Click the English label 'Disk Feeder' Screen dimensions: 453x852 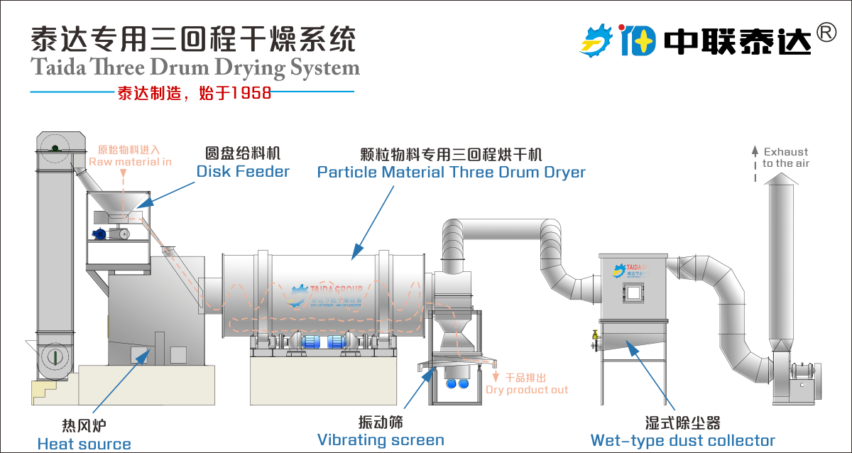[243, 171]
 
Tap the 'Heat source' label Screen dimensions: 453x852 [84, 444]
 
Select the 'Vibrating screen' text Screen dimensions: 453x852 [381, 440]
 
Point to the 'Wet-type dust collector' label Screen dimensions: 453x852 [682, 441]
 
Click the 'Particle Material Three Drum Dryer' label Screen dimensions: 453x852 [451, 172]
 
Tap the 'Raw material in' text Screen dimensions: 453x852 [130, 162]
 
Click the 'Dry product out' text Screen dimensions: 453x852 [527, 390]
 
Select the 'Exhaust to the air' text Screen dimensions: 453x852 [785, 158]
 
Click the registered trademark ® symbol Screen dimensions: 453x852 [826, 32]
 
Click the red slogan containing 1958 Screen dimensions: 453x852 [194, 92]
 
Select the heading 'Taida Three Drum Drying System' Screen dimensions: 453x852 [195, 68]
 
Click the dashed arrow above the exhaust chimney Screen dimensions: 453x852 [755, 163]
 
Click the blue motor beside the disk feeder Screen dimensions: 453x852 [100, 234]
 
